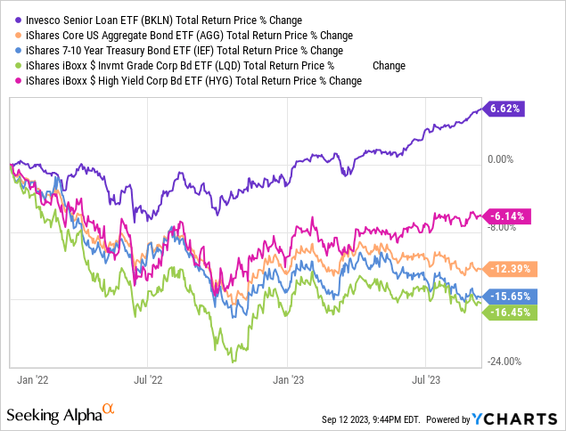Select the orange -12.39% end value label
pyautogui.click(x=509, y=268)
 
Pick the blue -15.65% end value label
pyautogui.click(x=509, y=296)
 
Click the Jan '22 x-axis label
pyautogui.click(x=34, y=379)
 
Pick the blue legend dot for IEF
pyautogui.click(x=9, y=50)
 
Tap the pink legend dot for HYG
pyautogui.click(x=9, y=80)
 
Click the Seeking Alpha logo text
pyautogui.click(x=54, y=415)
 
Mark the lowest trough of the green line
pyautogui.click(x=232, y=362)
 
